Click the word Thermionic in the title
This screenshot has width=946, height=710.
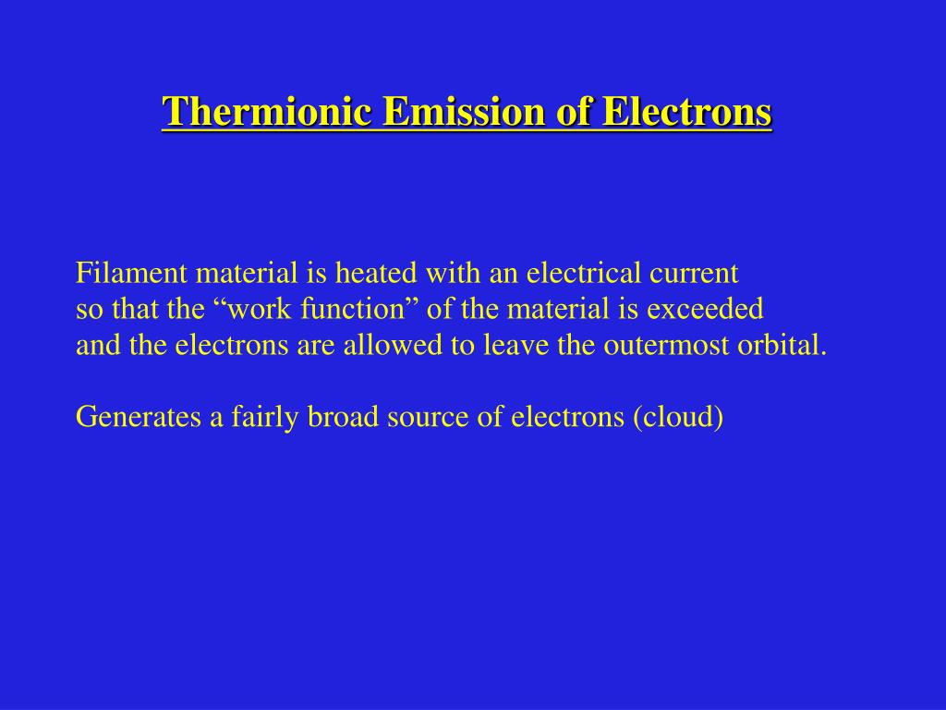click(268, 113)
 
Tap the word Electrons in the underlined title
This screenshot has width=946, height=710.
click(686, 113)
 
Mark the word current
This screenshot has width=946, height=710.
click(694, 273)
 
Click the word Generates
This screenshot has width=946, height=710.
click(138, 418)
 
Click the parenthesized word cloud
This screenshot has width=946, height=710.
click(678, 418)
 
